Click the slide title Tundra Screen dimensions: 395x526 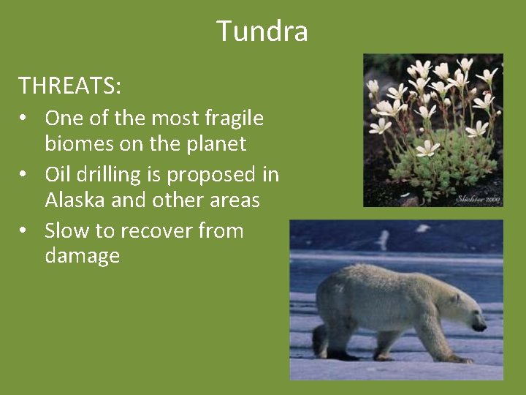(x=262, y=31)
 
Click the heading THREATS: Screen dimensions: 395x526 (x=70, y=86)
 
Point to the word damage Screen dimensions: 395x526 (x=82, y=256)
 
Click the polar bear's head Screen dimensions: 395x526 (x=463, y=311)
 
